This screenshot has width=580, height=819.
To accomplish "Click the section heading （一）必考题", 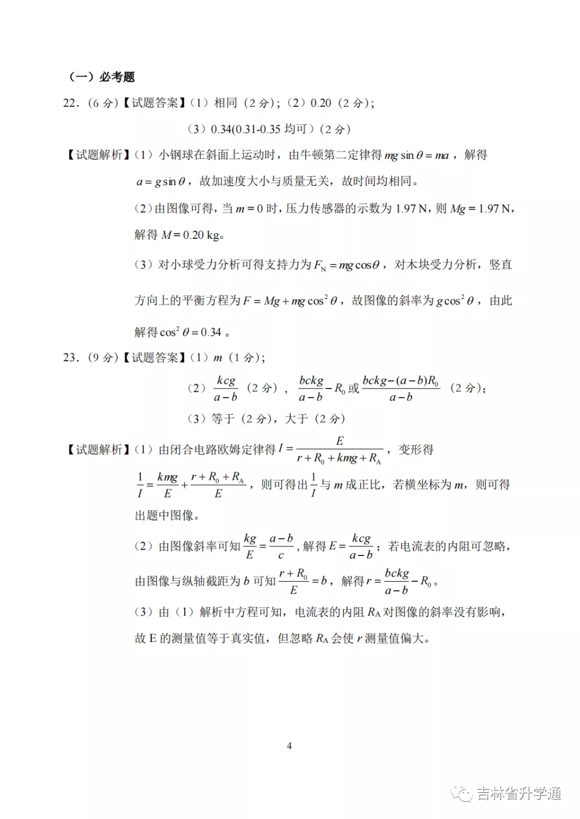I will [x=102, y=77].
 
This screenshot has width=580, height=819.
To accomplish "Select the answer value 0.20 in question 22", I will [x=321, y=103].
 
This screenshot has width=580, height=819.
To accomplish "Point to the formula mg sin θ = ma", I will [x=417, y=155].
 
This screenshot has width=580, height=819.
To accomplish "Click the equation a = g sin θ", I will [x=161, y=181].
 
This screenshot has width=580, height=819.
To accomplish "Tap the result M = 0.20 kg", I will [x=192, y=235].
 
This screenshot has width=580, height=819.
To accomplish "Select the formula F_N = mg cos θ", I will [x=346, y=265].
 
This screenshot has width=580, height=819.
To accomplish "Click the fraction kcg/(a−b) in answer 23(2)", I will [x=226, y=388].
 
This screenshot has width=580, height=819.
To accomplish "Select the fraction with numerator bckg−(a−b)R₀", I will [x=401, y=388].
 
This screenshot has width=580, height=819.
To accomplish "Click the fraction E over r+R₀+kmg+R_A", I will [x=339, y=449].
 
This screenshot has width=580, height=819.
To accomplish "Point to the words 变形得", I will [x=416, y=449].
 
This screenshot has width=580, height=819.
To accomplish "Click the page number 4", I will [x=289, y=745].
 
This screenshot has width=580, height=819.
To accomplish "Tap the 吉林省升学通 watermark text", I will [x=518, y=793].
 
